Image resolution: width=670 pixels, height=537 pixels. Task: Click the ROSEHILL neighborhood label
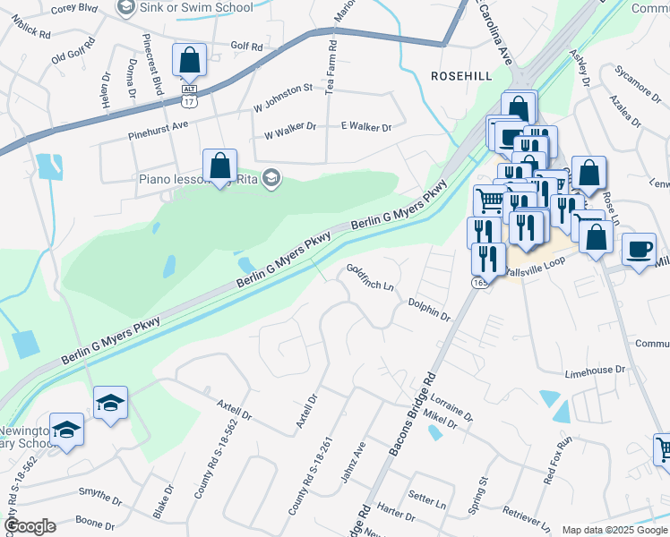(x=461, y=76)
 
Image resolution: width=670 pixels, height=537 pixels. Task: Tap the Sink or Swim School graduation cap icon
(x=126, y=8)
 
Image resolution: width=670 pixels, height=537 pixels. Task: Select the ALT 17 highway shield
(x=189, y=96)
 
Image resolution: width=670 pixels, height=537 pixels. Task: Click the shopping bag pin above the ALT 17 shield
(x=189, y=61)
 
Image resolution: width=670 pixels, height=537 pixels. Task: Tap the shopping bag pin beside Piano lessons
(x=219, y=166)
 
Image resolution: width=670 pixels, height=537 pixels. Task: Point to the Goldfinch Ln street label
(x=370, y=277)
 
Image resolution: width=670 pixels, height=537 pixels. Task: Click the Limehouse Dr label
(x=595, y=370)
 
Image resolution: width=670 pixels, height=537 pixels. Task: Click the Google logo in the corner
(x=30, y=526)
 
